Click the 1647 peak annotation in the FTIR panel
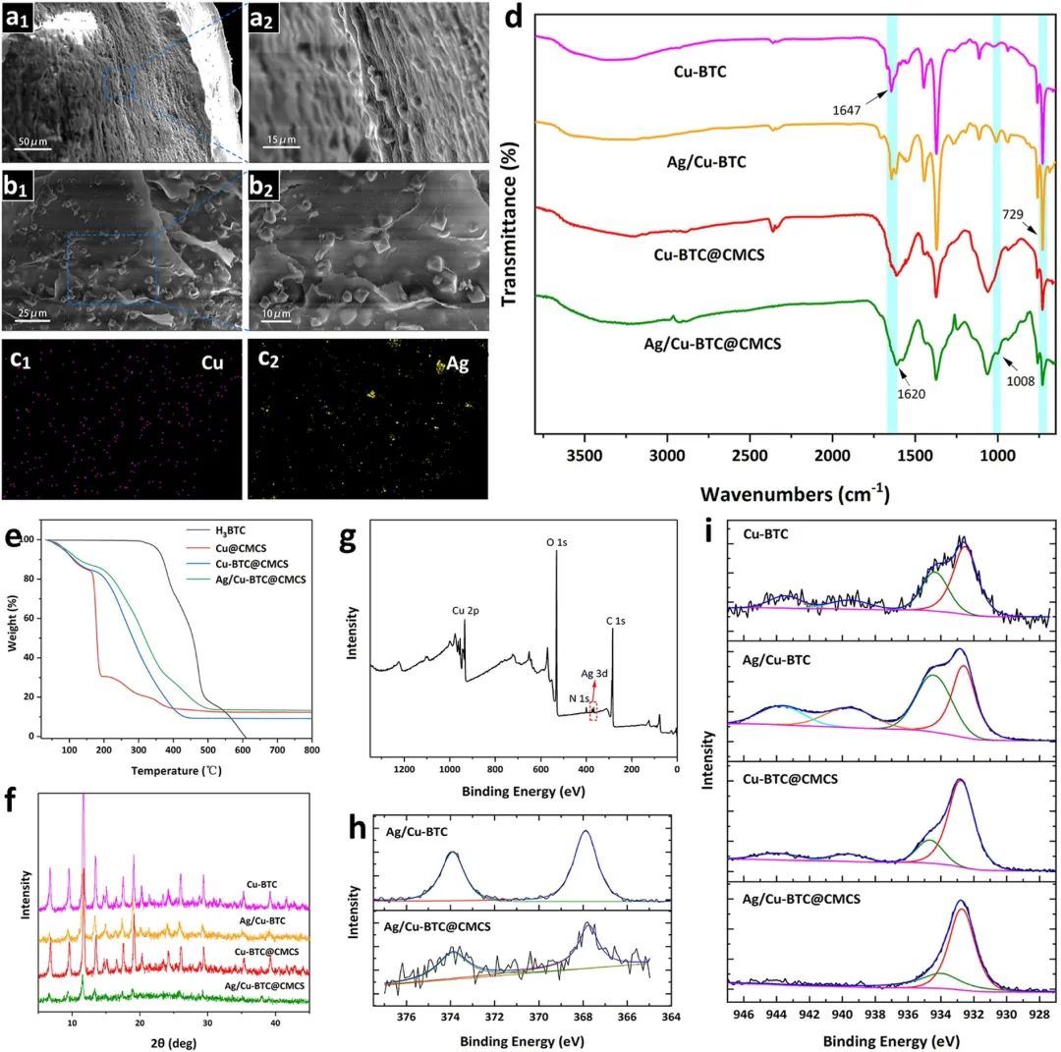click(x=846, y=110)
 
